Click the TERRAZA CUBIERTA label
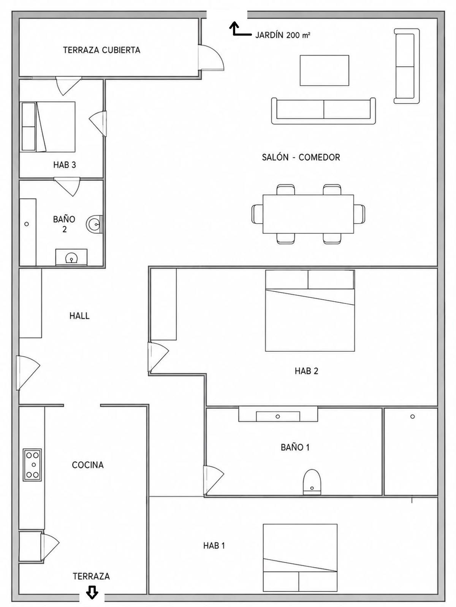(101, 50)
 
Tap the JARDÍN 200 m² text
(282, 35)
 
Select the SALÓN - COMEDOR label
(301, 157)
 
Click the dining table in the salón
(308, 214)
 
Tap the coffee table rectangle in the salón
(325, 70)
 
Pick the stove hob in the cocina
(32, 465)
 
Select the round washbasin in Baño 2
(94, 224)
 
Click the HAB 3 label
(65, 165)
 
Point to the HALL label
(79, 316)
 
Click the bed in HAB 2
(310, 311)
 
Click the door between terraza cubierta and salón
(211, 57)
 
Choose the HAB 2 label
(307, 371)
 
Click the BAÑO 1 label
(295, 447)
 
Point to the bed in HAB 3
(47, 127)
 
